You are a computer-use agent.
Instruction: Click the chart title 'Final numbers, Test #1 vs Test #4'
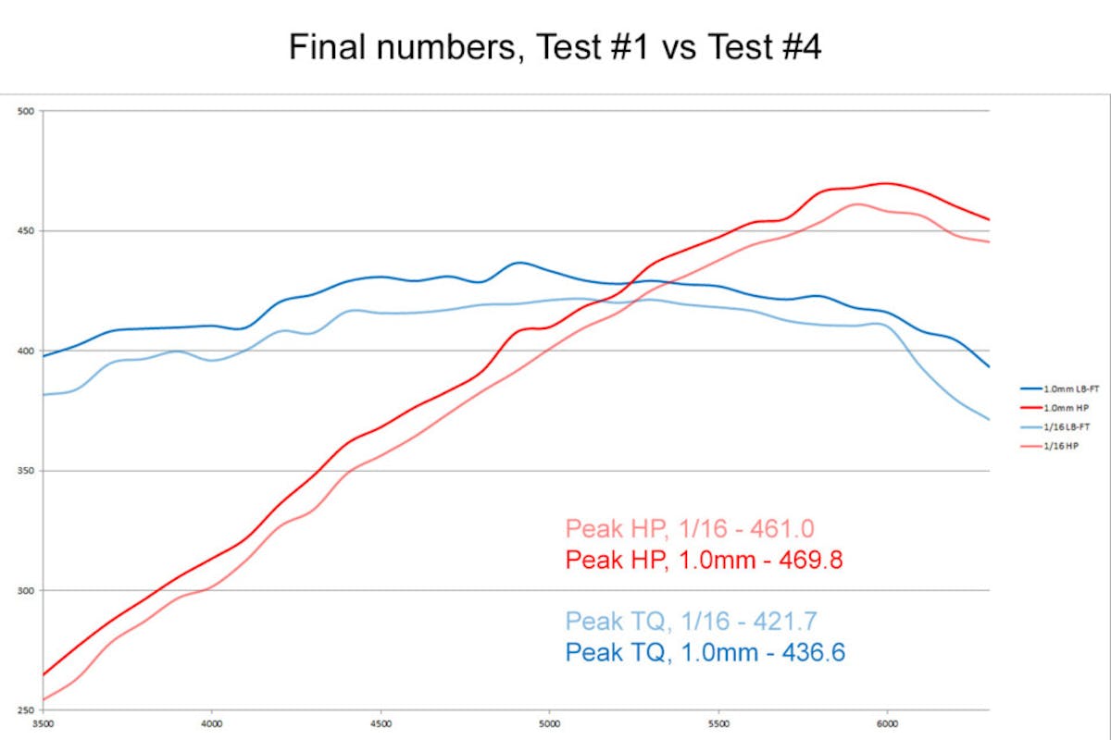(x=555, y=46)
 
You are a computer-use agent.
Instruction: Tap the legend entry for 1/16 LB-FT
(x=1065, y=427)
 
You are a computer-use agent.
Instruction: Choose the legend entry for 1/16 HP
(x=1061, y=446)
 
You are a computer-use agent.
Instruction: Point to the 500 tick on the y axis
(x=26, y=111)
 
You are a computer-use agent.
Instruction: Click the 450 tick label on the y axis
(x=26, y=231)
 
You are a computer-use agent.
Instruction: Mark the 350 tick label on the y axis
(x=26, y=471)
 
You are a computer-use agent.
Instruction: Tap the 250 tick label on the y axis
(x=26, y=710)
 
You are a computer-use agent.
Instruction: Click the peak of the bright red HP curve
(x=887, y=183)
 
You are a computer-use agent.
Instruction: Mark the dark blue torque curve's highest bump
(x=518, y=263)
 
